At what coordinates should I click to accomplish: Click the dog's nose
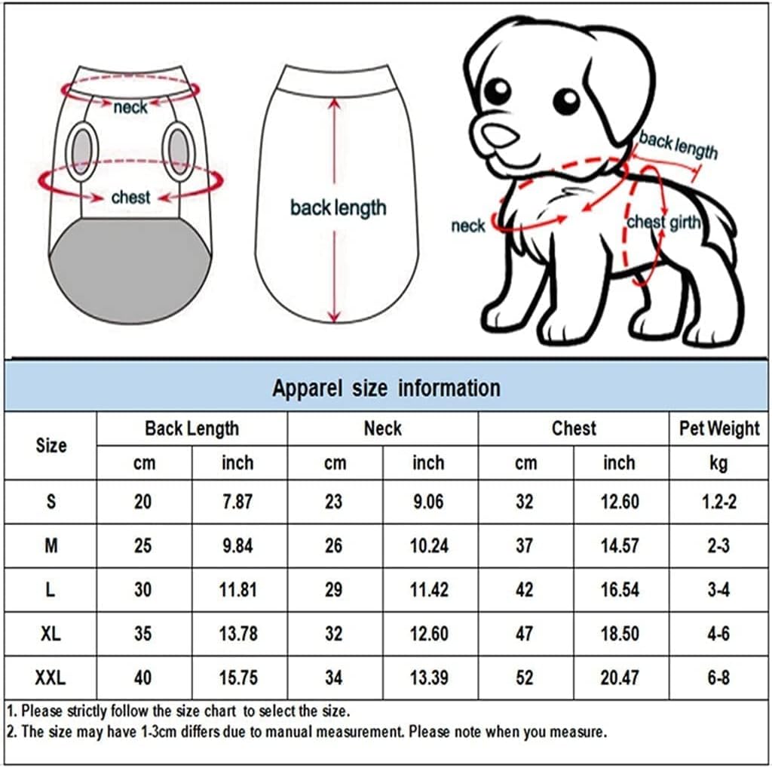point(499,135)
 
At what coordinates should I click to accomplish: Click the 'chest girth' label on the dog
point(664,222)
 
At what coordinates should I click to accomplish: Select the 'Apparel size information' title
point(386,388)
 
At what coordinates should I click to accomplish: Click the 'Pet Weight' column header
point(719,429)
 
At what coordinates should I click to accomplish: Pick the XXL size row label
point(51,678)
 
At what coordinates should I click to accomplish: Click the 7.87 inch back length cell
point(237,502)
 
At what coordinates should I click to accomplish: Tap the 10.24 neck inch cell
point(428,545)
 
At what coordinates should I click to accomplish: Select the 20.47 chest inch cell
point(619,678)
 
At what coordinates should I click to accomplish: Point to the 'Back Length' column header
point(191,429)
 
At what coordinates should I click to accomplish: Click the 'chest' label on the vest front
point(130,198)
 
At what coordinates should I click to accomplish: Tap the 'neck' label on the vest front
point(130,107)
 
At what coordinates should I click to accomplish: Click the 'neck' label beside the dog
point(467,226)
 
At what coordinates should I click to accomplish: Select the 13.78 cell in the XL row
point(237,634)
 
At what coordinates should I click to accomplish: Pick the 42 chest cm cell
point(525,590)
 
